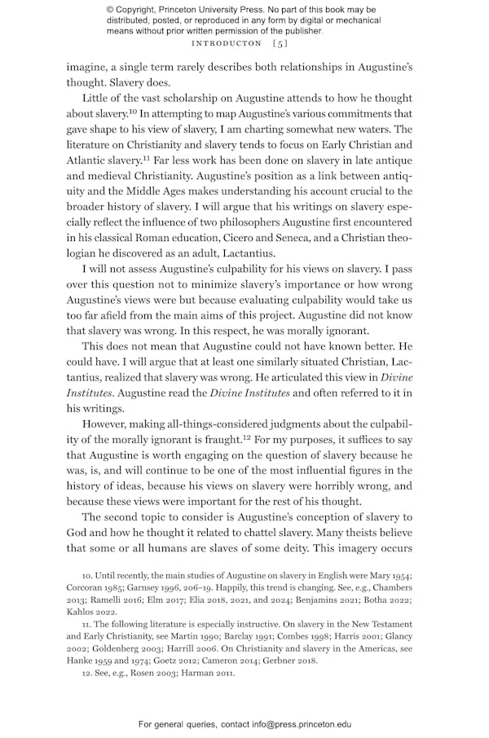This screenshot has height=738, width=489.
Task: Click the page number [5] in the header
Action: point(280,42)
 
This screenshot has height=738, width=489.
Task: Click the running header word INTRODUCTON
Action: point(224,42)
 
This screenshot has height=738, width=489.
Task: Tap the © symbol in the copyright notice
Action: point(111,10)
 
